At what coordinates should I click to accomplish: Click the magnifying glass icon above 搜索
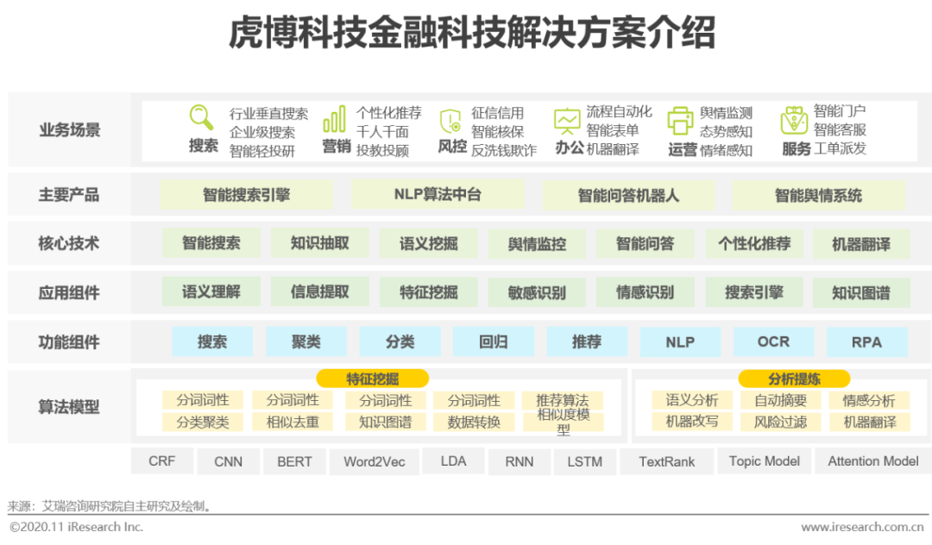[x=201, y=117]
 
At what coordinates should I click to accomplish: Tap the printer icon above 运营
[x=680, y=120]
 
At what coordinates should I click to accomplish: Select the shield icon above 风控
[x=450, y=120]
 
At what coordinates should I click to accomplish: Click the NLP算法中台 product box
[x=438, y=194]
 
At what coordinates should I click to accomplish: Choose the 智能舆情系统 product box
[x=818, y=195]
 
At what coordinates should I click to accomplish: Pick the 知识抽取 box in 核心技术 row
[x=320, y=243]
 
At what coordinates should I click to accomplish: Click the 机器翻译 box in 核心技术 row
[x=861, y=244]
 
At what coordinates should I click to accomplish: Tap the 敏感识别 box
[x=537, y=292]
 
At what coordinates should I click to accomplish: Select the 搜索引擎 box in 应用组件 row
[x=754, y=292]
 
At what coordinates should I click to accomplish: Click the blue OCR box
[x=773, y=341]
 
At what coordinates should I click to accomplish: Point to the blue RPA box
[x=866, y=341]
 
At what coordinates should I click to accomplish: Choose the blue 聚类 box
[x=305, y=341]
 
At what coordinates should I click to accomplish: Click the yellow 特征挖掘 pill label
[x=373, y=379]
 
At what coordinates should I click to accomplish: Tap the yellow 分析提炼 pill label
[x=794, y=379]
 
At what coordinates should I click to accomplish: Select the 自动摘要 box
[x=781, y=400]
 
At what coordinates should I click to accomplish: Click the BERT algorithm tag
[x=294, y=461]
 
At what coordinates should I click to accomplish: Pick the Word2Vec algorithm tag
[x=375, y=461]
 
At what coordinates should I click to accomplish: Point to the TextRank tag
[x=667, y=461]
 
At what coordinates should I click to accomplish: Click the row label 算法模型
[x=69, y=407]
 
